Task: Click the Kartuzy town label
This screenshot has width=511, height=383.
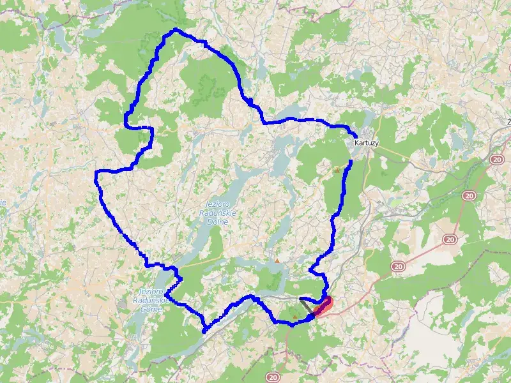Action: [x=366, y=144]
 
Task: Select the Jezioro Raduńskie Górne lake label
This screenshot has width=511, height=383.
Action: [x=151, y=300]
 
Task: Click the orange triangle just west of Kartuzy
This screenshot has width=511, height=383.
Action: [x=336, y=170]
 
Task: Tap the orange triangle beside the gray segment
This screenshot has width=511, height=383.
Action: [x=294, y=317]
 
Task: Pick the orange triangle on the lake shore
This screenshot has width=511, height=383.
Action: [x=277, y=260]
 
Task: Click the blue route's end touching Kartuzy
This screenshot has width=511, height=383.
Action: [x=355, y=134]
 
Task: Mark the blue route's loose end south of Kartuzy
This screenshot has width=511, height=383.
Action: [x=351, y=162]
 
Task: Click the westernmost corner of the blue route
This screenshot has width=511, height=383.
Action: [x=96, y=172]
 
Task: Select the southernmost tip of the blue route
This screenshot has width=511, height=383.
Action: [x=204, y=331]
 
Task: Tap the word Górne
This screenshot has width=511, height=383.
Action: [x=151, y=308]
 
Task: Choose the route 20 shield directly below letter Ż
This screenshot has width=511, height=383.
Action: [x=498, y=158]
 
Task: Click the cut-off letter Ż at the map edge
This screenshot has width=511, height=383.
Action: [x=508, y=121]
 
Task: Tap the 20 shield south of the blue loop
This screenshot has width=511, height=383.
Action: [x=273, y=377]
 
